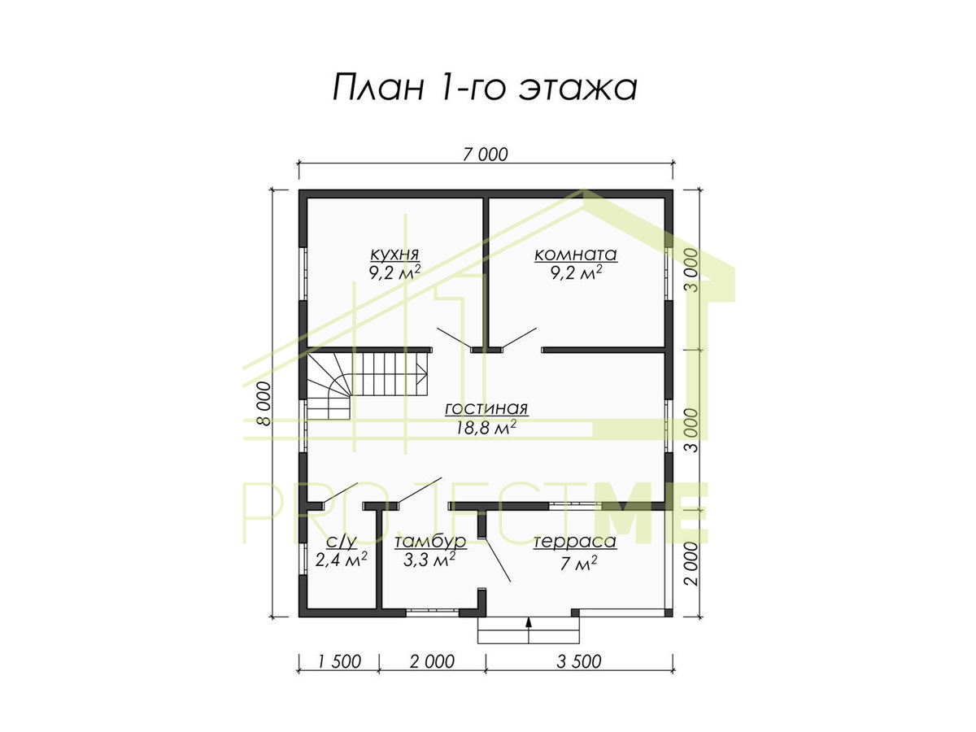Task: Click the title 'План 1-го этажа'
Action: [x=485, y=88]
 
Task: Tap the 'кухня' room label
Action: [x=394, y=255]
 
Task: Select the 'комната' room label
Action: [x=575, y=255]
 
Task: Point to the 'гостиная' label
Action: [x=486, y=408]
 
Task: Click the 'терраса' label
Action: [x=575, y=542]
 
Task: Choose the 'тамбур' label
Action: [x=430, y=541]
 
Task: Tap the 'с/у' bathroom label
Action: [x=341, y=542]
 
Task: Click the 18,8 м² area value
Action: [x=486, y=428]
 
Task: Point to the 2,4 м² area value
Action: [x=341, y=560]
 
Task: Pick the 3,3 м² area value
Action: [x=429, y=560]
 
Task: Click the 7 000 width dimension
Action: [x=485, y=155]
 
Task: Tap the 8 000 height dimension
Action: [x=264, y=403]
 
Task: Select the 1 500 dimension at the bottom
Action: [x=339, y=662]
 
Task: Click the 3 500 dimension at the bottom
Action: [x=579, y=662]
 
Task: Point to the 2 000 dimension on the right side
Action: [x=691, y=564]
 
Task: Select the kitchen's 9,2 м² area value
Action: [x=394, y=272]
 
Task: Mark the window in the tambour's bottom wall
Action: [x=432, y=613]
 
